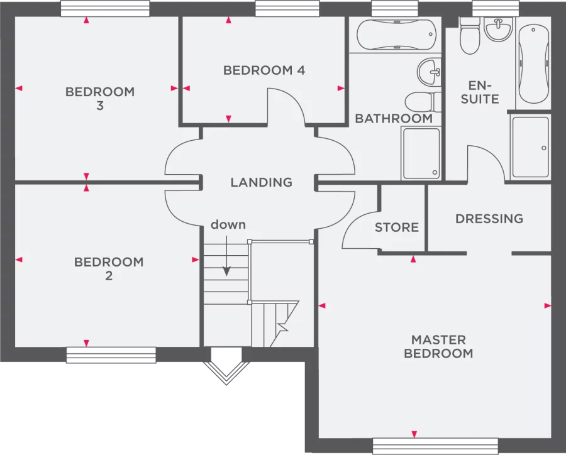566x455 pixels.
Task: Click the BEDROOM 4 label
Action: click(264, 70)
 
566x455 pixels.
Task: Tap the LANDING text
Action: click(261, 183)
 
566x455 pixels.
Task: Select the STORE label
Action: click(397, 227)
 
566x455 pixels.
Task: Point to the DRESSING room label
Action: click(489, 219)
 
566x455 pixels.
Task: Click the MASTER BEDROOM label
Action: click(438, 347)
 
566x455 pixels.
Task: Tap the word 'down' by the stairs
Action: click(228, 224)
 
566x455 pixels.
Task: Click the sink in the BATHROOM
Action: click(431, 71)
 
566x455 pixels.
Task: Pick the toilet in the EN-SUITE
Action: click(470, 36)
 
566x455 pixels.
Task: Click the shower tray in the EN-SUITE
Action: click(530, 147)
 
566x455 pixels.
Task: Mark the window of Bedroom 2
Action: click(111, 355)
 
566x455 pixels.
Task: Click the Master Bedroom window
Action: click(435, 446)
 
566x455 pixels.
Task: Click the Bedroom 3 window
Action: click(105, 8)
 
